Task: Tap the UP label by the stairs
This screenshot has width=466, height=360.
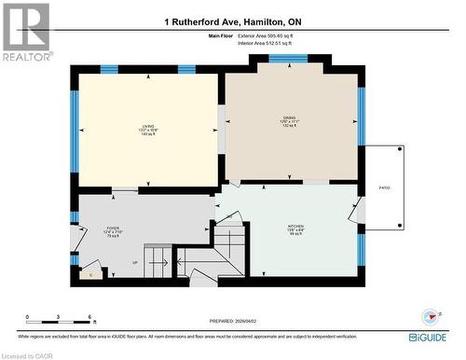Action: (133, 264)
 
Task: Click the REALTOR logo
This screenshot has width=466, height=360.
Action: (25, 33)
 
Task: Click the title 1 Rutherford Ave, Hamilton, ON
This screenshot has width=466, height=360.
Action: (233, 21)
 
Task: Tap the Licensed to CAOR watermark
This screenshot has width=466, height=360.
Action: (26, 354)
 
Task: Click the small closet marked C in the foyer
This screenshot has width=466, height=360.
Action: (90, 274)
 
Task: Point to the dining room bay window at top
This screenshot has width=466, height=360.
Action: (289, 59)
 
